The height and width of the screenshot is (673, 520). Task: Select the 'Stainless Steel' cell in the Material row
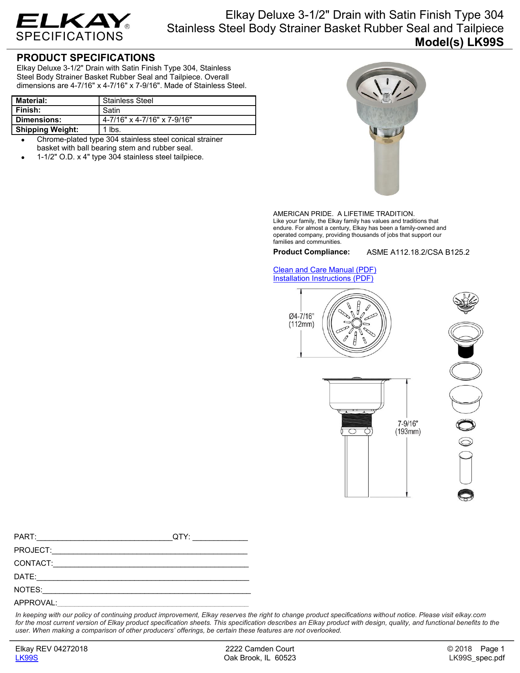(x=128, y=101)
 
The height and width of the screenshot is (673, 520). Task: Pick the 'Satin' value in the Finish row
(x=111, y=110)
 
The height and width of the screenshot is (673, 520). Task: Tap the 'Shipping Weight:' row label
(x=47, y=130)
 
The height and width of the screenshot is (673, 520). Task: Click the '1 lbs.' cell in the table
(x=111, y=130)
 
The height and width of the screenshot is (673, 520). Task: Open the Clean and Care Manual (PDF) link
(x=325, y=270)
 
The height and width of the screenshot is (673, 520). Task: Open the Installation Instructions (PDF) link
(x=323, y=278)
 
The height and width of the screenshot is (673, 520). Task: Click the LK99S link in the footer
(x=27, y=658)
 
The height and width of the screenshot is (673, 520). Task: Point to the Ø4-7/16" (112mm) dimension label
(x=301, y=320)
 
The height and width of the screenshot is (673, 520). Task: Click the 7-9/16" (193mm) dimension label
(x=407, y=428)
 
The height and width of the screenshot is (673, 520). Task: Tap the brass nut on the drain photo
(x=386, y=134)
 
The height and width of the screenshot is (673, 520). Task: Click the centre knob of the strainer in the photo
(x=385, y=97)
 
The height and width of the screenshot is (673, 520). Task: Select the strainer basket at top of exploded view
(x=465, y=302)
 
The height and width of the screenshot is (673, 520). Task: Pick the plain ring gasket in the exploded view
(x=465, y=371)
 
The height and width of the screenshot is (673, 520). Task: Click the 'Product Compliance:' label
(x=311, y=252)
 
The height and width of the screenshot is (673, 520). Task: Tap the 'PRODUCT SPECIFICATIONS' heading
(x=86, y=58)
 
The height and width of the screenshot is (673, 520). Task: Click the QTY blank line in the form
(x=220, y=537)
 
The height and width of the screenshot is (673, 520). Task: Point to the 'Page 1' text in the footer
(x=492, y=649)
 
